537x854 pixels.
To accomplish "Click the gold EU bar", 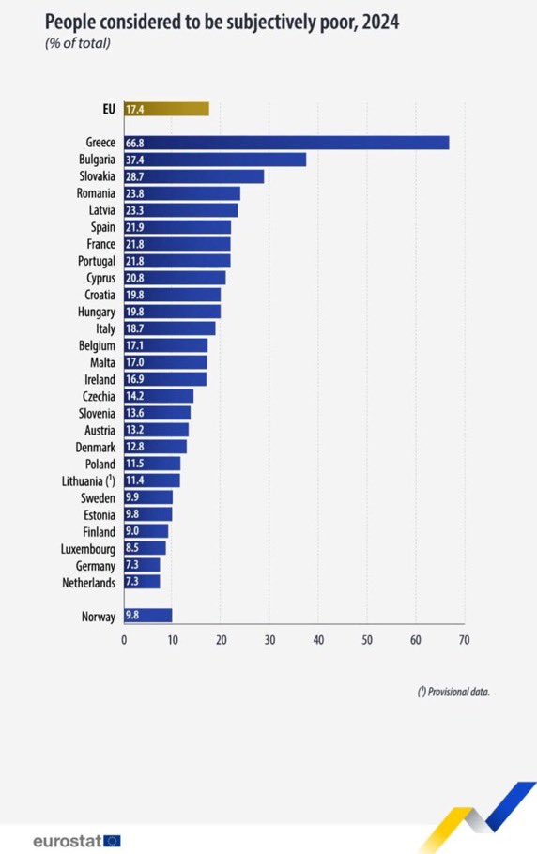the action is pos(167,109).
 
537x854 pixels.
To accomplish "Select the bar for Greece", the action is pos(286,143).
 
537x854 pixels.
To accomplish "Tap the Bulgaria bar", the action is pos(215,160).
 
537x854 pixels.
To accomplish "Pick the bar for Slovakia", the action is pos(194,176).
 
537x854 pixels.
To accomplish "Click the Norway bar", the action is pos(148,616).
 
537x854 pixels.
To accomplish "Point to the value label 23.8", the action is pos(135,193).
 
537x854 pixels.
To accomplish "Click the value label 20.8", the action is pos(135,278).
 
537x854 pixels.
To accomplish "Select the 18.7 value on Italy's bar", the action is pos(135,328).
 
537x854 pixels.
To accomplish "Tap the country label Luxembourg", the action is pos(87,549).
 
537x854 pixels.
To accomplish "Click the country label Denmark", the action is pos(96,447).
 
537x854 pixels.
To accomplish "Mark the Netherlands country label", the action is pos(89,583).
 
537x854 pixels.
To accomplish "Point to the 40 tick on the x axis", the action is pos(318,639).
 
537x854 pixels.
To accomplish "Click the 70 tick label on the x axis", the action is pos(464,639).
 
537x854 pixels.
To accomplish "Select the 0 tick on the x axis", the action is pos(124,639).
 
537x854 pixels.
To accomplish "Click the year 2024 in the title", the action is pos(380,23).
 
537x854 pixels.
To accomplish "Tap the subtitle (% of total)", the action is pos(78,43).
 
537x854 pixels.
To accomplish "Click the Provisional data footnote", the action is pos(453,692).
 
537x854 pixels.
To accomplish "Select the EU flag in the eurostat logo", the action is pos(113,841).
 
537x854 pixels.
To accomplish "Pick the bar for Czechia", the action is pos(159,396).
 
